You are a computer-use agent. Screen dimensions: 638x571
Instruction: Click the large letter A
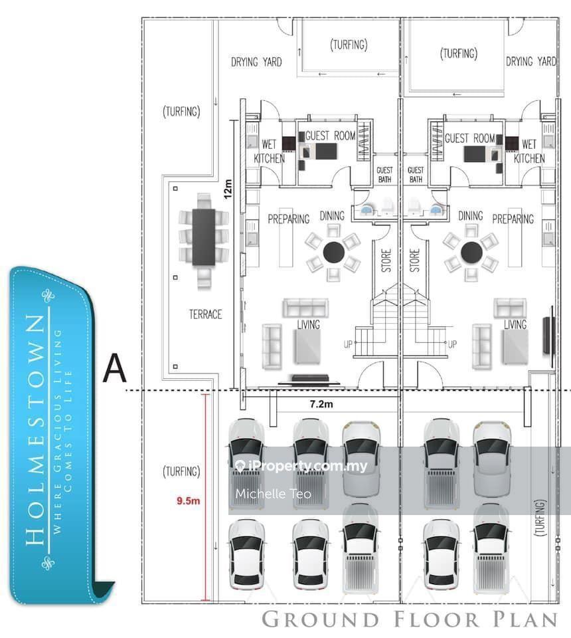pyautogui.click(x=114, y=368)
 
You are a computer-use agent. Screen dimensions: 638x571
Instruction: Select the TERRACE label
pyautogui.click(x=205, y=314)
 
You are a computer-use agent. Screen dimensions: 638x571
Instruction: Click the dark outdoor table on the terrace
pyautogui.click(x=204, y=237)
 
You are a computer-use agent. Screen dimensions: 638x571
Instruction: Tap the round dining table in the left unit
pyautogui.click(x=333, y=252)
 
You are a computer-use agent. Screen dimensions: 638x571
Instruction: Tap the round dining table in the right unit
pyautogui.click(x=471, y=252)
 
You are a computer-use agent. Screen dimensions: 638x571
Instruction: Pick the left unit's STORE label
pyautogui.click(x=386, y=261)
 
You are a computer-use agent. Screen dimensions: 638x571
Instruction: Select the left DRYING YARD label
pyautogui.click(x=256, y=62)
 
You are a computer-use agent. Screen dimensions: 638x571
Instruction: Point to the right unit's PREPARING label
pyautogui.click(x=513, y=219)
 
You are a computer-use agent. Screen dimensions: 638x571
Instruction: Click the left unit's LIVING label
pyautogui.click(x=309, y=324)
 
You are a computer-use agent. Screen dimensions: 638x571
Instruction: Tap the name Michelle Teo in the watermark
pyautogui.click(x=273, y=494)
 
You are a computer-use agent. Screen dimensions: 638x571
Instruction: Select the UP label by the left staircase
pyautogui.click(x=347, y=344)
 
